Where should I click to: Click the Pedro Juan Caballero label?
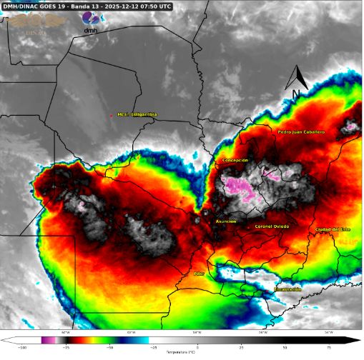(x=301, y=132)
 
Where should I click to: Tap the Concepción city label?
(x=235, y=160)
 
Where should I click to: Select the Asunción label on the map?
(x=226, y=221)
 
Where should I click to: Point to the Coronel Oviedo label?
(x=272, y=226)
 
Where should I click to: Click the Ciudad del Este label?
(x=333, y=229)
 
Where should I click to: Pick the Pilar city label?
(x=200, y=274)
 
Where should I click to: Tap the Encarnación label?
(x=287, y=289)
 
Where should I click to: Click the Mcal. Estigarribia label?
(x=136, y=114)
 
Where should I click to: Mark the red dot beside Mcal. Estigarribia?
(x=111, y=114)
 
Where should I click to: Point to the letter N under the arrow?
(x=295, y=94)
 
